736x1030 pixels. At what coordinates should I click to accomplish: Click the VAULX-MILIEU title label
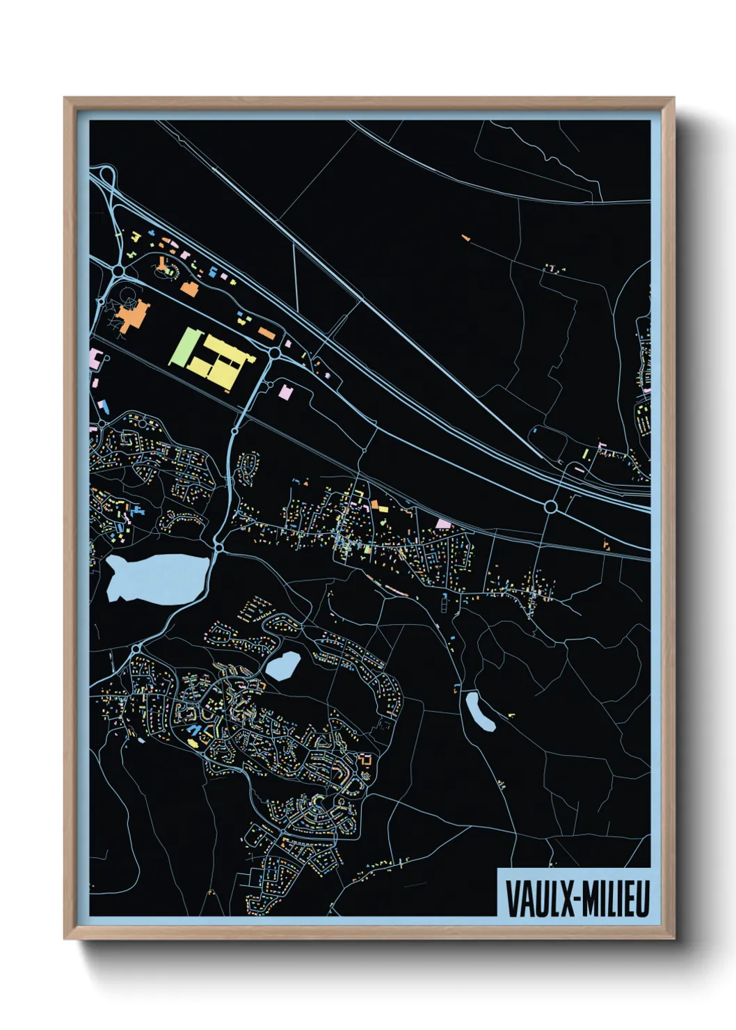577,898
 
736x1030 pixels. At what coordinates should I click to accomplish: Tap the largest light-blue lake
156,577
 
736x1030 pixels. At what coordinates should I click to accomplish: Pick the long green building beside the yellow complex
184,347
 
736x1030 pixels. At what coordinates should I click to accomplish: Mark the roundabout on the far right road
551,507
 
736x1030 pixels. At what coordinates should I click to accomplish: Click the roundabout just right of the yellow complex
274,354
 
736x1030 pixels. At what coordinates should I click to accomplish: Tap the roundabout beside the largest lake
218,548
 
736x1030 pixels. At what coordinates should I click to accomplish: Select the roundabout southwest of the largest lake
136,649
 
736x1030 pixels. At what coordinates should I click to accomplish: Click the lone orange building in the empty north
465,238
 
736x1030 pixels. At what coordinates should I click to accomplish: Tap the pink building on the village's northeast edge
443,523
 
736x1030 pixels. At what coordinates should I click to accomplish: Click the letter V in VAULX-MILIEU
513,899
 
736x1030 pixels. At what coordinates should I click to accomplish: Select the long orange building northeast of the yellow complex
267,333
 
